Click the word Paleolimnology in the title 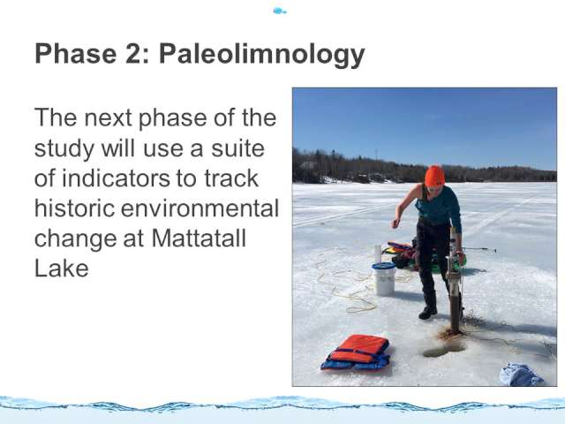pyautogui.click(x=262, y=55)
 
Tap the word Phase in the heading pyautogui.click(x=76, y=53)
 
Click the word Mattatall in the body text pyautogui.click(x=199, y=238)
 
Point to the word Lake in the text pyautogui.click(x=62, y=269)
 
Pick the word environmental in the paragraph pyautogui.click(x=200, y=208)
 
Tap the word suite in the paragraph pyautogui.click(x=237, y=148)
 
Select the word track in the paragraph pyautogui.click(x=231, y=178)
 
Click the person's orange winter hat pyautogui.click(x=434, y=176)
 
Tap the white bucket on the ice pyautogui.click(x=384, y=279)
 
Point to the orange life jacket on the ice pyautogui.click(x=356, y=352)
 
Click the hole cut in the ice pyautogui.click(x=444, y=348)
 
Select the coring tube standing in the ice pyautogui.click(x=454, y=281)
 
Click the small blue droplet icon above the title pyautogui.click(x=279, y=11)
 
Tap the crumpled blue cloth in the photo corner pyautogui.click(x=521, y=375)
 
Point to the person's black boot pyautogui.click(x=429, y=306)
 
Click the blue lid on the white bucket pyautogui.click(x=384, y=266)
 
